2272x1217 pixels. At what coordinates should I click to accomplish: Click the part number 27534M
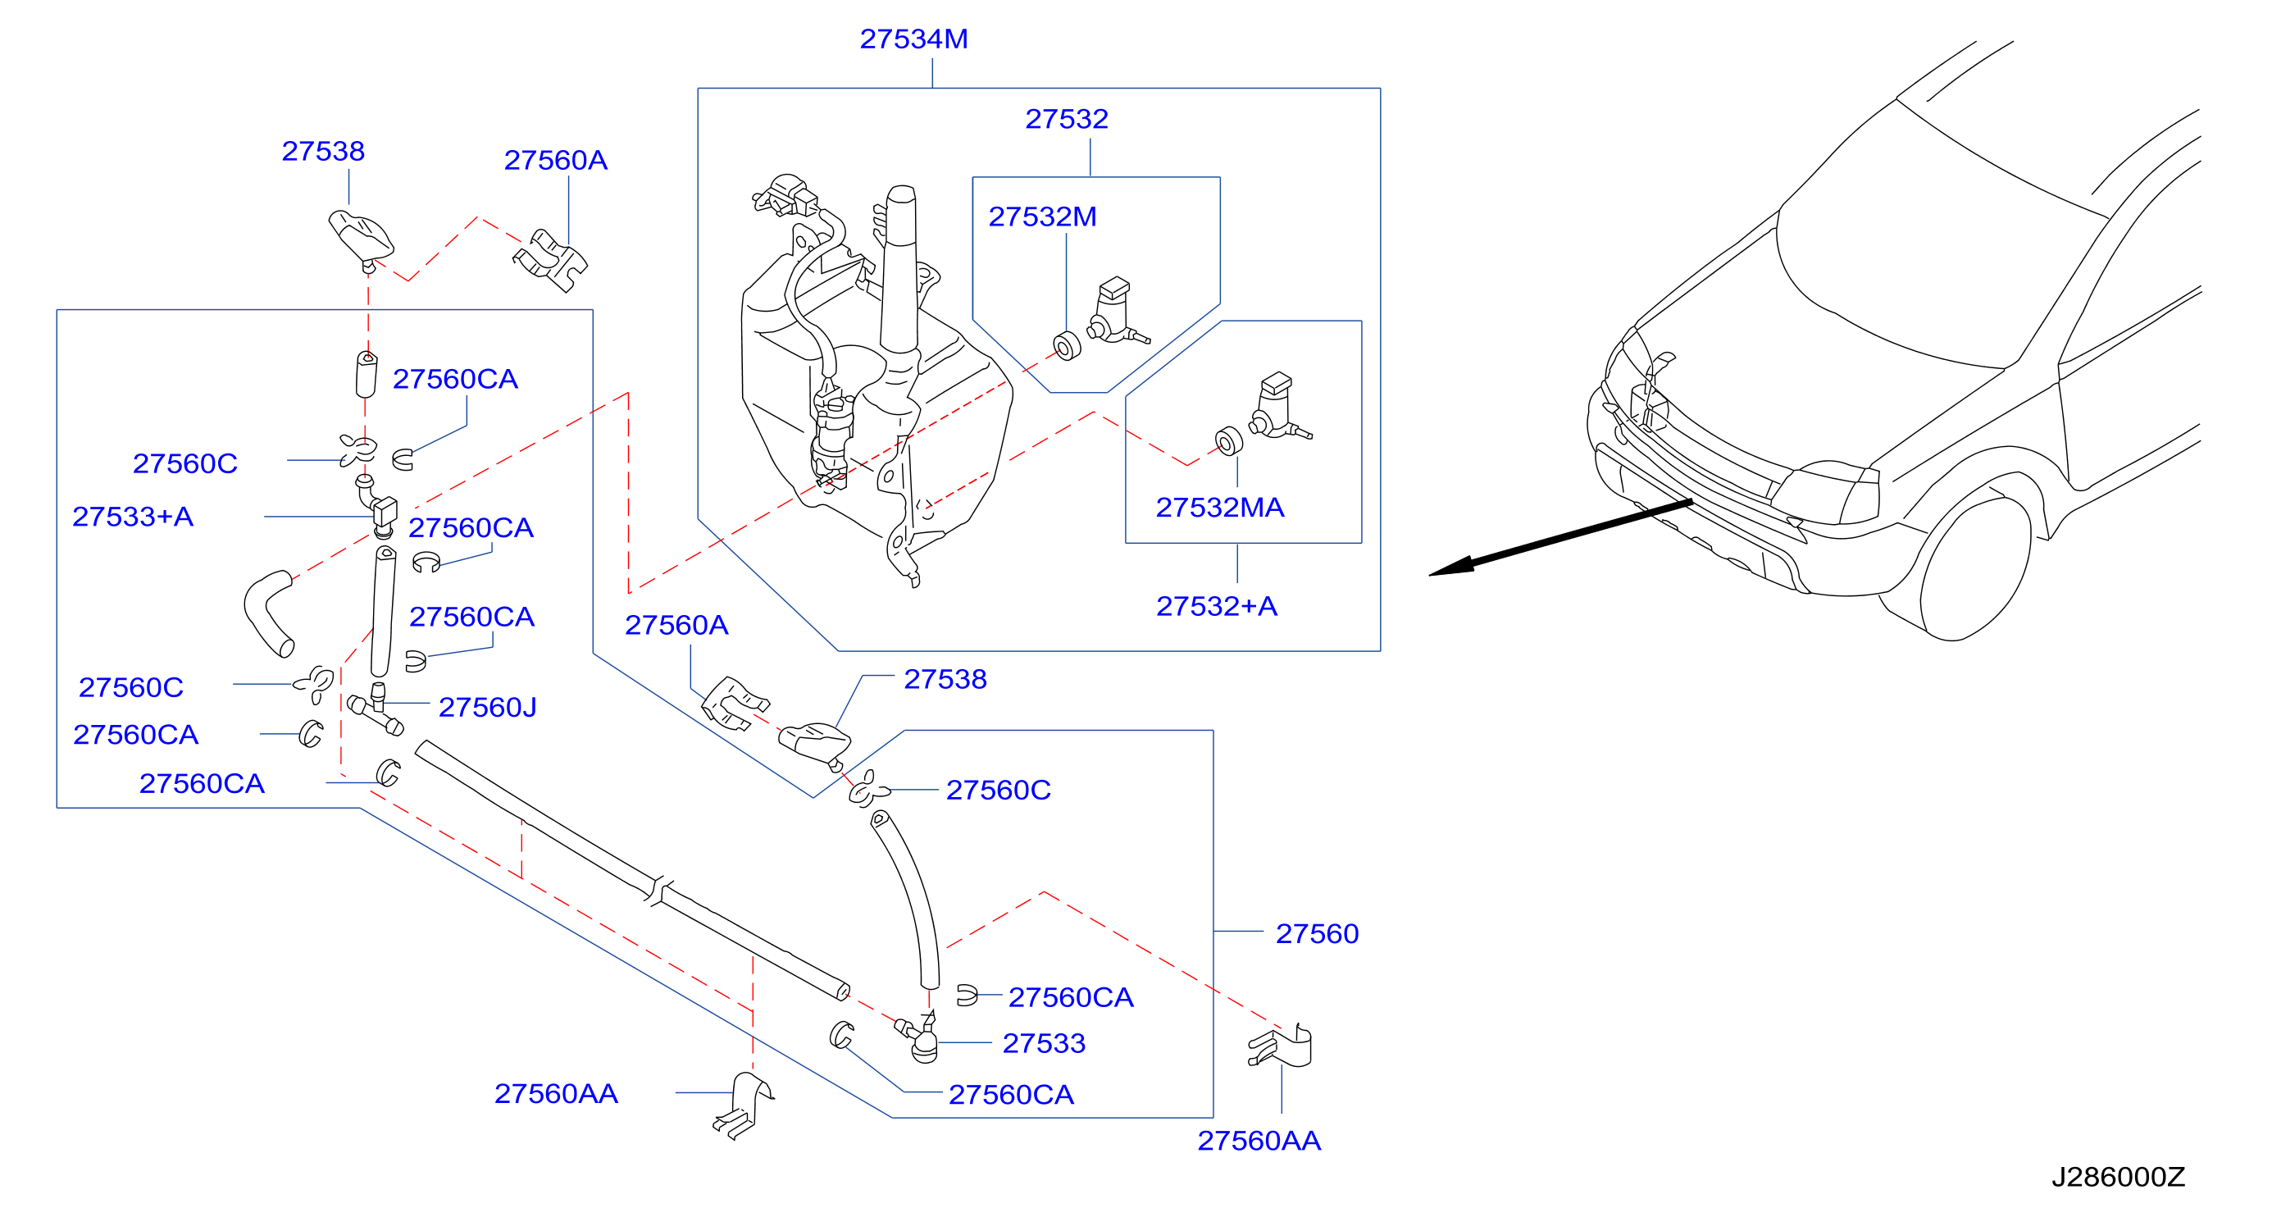coord(913,39)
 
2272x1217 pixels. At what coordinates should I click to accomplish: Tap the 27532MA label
coord(1220,508)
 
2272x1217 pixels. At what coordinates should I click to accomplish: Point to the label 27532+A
coord(1216,607)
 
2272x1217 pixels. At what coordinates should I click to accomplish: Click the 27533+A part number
coord(132,517)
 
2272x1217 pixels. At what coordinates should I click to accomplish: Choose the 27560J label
coord(487,707)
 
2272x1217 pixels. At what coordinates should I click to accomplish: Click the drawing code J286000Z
coord(2118,1178)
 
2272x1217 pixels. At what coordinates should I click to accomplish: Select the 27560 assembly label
coord(1317,934)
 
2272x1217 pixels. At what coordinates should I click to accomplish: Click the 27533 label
coord(1044,1044)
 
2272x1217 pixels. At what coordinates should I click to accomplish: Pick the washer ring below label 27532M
coord(1068,346)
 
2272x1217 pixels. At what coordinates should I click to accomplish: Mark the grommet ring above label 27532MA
coord(1228,441)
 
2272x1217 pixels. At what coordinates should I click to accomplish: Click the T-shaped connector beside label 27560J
coord(376,709)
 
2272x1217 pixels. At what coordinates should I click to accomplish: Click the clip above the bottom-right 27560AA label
coord(1281,1046)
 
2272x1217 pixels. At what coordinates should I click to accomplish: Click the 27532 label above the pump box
coord(1067,119)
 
